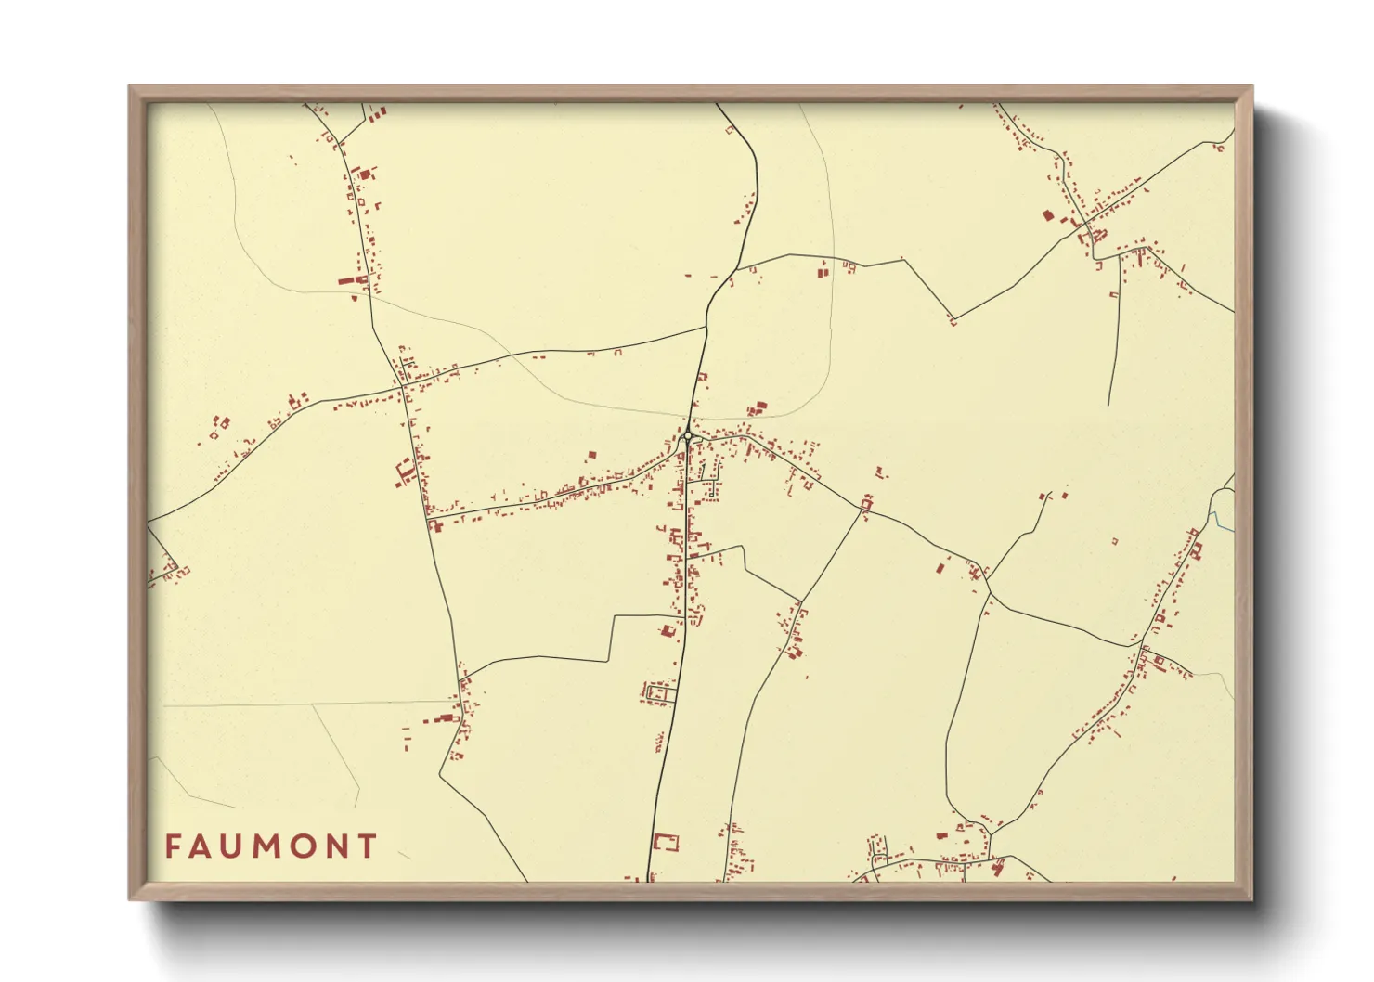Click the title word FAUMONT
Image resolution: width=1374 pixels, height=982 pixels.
pyautogui.click(x=271, y=846)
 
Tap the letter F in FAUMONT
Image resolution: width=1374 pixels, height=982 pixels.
pyautogui.click(x=174, y=846)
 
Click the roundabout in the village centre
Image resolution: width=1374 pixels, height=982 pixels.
pyautogui.click(x=688, y=436)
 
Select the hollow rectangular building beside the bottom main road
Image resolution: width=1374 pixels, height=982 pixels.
pyautogui.click(x=665, y=843)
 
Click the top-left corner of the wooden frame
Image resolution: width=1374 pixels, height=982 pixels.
pyautogui.click(x=131, y=88)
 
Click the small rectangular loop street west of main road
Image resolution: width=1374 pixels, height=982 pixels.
pyautogui.click(x=659, y=692)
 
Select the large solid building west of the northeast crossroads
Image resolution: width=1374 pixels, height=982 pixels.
pyautogui.click(x=1047, y=215)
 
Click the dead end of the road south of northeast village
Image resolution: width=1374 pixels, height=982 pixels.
pyautogui.click(x=1108, y=405)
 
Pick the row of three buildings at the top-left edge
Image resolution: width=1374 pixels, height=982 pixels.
pyautogui.click(x=376, y=114)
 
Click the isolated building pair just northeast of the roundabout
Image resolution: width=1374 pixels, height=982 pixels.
pyautogui.click(x=758, y=407)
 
